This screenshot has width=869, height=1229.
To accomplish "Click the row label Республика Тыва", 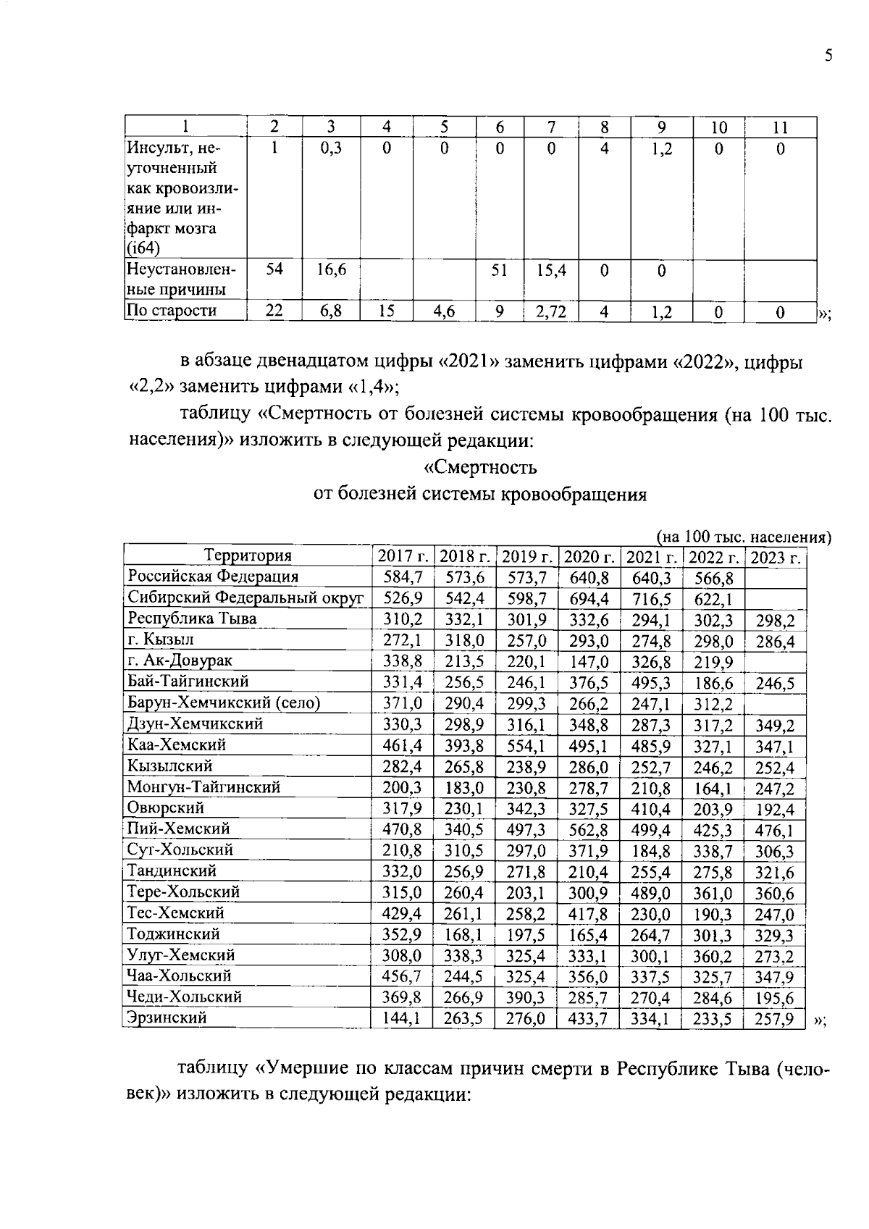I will [x=192, y=618].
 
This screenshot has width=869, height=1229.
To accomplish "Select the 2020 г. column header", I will [x=589, y=556].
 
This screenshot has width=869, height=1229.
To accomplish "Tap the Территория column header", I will [x=248, y=555].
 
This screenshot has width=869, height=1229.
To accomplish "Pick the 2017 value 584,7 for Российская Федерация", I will [x=402, y=577].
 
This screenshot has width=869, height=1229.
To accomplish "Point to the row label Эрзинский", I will [x=167, y=1018].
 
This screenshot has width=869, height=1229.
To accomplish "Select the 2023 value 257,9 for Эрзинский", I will [x=774, y=1019].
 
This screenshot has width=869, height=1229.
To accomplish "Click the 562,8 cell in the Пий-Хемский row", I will [x=589, y=829].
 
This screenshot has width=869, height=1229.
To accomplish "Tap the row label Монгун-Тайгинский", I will [x=203, y=787].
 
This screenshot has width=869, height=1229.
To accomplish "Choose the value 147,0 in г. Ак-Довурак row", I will [x=589, y=661].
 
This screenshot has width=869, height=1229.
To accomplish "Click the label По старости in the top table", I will [x=172, y=311].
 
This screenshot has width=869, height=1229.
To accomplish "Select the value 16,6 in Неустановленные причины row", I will [x=331, y=270].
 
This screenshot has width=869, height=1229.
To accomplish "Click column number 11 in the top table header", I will [x=779, y=127].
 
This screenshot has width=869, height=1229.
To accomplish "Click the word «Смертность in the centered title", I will [x=480, y=467].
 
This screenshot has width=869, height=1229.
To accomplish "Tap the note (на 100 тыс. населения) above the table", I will [x=743, y=537].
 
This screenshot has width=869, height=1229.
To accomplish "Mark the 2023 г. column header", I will [x=776, y=558].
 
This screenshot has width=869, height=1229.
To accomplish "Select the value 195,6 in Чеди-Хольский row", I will [x=774, y=998].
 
